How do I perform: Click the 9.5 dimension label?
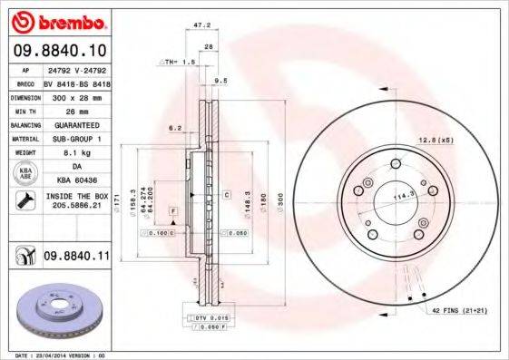220,81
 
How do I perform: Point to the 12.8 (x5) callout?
435,139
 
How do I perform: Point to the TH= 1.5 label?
179,62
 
